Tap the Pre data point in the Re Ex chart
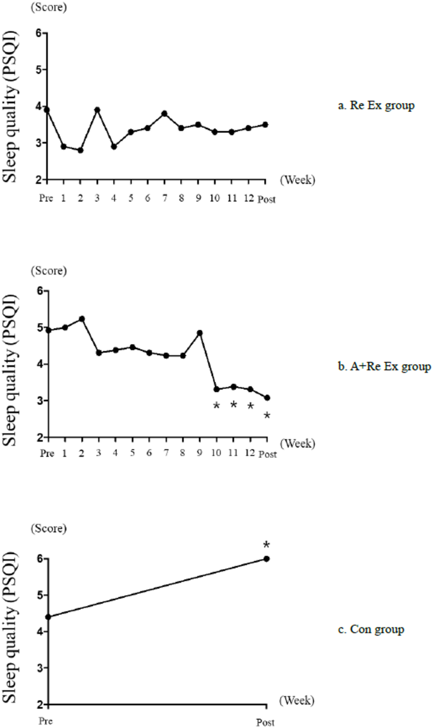point(47,109)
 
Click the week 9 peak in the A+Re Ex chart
point(200,333)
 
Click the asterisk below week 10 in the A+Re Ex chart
point(216,406)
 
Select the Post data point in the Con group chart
point(266,558)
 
